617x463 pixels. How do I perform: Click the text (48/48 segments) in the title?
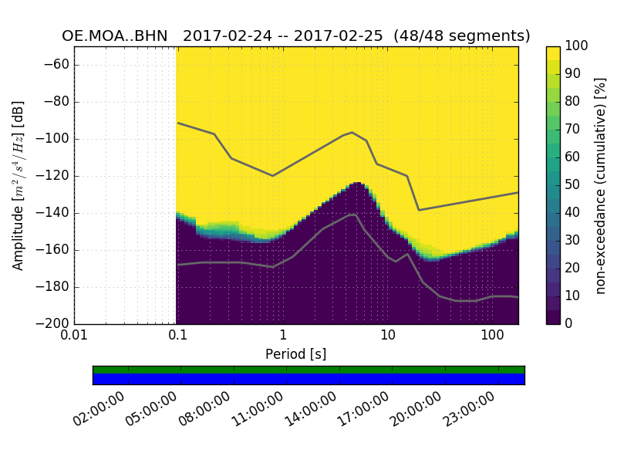click(x=462, y=36)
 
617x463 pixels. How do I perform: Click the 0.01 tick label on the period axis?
click(x=74, y=336)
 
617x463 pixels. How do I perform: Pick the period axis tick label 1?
click(x=283, y=336)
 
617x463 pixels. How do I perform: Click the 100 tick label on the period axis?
click(x=492, y=336)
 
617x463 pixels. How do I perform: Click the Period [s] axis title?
click(x=296, y=354)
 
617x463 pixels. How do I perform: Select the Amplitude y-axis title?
click(x=19, y=185)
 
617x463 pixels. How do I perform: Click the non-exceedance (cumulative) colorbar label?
click(x=602, y=185)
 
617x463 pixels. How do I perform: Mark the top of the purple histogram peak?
click(x=357, y=183)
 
